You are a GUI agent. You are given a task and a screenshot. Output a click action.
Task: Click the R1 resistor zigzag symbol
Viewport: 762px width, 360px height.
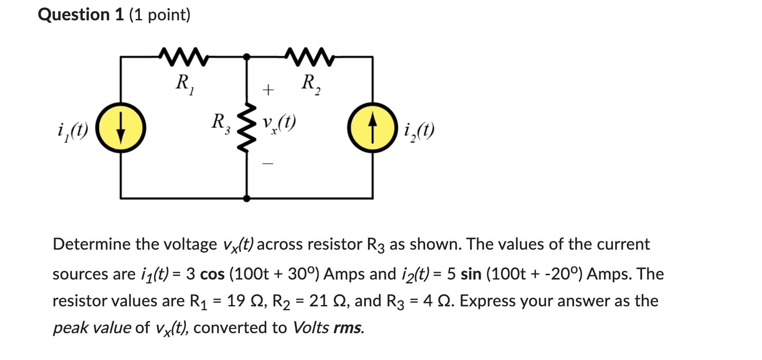pos(184,57)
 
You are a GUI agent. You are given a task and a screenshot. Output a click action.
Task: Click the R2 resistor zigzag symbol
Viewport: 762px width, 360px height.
pos(310,57)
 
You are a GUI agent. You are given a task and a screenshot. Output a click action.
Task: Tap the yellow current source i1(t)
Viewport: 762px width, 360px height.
pos(121,128)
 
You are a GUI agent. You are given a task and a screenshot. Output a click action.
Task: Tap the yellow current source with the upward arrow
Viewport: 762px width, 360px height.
pos(373,128)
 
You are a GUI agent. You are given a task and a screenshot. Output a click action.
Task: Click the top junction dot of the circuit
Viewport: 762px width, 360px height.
pos(247,57)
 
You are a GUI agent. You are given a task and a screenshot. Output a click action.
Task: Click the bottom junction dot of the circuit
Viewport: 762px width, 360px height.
pos(247,199)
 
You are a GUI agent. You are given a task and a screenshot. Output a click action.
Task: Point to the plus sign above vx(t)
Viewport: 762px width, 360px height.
pos(268,90)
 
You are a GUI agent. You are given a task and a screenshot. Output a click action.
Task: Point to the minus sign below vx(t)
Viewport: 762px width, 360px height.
pos(268,164)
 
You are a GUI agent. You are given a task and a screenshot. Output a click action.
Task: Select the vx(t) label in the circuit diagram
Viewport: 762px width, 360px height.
pos(279,123)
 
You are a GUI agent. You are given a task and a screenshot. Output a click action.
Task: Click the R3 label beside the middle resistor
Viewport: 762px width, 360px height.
pos(220,123)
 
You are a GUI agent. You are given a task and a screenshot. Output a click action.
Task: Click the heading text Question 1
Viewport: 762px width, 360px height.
pos(81,15)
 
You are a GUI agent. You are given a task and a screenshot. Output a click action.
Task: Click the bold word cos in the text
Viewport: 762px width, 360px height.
pos(212,274)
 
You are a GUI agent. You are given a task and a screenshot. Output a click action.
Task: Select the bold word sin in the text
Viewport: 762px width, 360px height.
pos(471,274)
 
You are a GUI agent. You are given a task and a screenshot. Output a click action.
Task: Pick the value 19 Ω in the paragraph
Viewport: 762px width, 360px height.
pos(242,301)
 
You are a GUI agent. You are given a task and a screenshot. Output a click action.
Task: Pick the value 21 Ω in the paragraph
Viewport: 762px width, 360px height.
pos(325,301)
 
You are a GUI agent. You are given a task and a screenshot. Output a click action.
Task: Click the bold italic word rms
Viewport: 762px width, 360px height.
pos(349,328)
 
